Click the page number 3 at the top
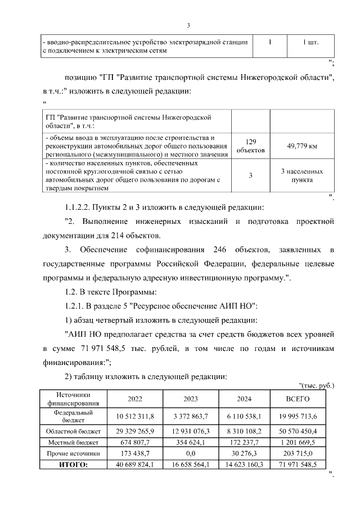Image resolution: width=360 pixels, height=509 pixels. tap(189, 25)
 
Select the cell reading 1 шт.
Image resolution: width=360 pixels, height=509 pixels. tap(311, 42)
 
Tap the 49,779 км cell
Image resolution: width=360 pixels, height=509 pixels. tap(302, 146)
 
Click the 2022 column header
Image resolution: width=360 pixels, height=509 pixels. tap(135, 399)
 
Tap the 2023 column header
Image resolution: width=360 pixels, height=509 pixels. tap(191, 399)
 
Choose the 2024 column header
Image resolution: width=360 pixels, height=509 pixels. tap(244, 399)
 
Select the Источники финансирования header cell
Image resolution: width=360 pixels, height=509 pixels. tap(73, 399)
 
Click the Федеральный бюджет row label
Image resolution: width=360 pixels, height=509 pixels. tap(73, 416)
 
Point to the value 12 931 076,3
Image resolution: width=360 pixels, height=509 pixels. tap(191, 431)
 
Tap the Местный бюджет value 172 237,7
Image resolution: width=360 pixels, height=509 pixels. tap(244, 442)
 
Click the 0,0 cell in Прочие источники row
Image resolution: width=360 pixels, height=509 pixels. tap(191, 453)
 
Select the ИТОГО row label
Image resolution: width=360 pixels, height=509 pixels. tap(73, 465)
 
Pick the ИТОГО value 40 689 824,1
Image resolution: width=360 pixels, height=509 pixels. tap(135, 465)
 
